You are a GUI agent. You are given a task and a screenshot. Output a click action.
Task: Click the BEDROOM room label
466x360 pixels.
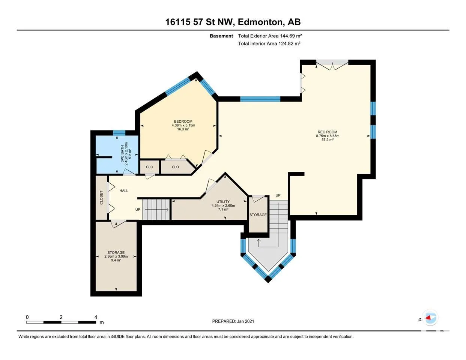coord(183,121)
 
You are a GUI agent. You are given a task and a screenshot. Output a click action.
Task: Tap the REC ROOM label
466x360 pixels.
coord(328,132)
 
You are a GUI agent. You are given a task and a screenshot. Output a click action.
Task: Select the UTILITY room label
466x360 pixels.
coord(223,202)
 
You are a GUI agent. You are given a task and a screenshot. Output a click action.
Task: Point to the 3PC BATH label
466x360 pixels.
coord(122,154)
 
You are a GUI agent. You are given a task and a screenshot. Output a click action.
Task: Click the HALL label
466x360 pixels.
coord(124,191)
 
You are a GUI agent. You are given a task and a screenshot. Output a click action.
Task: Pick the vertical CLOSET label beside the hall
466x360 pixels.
coord(101,198)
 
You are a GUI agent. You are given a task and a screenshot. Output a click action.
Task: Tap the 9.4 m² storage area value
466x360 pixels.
coord(116,260)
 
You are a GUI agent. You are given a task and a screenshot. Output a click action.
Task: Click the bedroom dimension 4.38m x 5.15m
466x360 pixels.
coord(183,125)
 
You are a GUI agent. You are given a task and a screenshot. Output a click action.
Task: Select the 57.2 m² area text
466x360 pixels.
coord(328,140)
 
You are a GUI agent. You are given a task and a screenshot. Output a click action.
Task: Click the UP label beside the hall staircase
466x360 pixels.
coord(138,209)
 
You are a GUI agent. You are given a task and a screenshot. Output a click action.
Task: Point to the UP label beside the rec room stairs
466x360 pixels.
coord(278,195)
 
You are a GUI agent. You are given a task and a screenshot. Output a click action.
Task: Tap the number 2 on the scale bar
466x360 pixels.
coord(61,317)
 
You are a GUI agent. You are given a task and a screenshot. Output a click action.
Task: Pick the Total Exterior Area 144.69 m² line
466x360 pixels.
coord(270,36)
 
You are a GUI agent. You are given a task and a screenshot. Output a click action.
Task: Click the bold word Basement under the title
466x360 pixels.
coord(221,36)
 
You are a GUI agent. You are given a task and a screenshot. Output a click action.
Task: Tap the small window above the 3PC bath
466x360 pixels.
coord(119,133)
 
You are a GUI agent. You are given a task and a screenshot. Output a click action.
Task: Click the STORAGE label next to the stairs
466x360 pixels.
coord(258,215)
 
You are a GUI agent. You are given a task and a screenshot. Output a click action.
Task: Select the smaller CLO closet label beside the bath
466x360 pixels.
coord(149,167)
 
